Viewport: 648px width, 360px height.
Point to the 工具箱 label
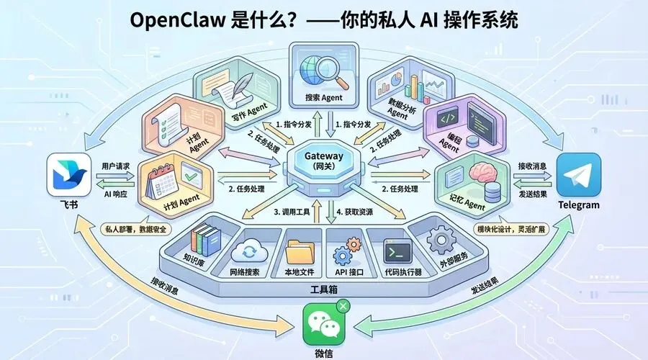[323, 289]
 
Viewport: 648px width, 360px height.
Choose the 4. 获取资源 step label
[359, 212]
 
